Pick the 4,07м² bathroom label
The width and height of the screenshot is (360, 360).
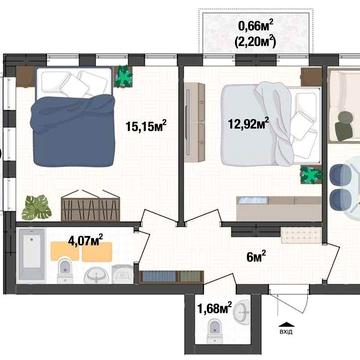coord(86,240)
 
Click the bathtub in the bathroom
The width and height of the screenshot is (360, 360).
coord(32,255)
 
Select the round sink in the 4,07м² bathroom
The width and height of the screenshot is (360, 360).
coord(97,271)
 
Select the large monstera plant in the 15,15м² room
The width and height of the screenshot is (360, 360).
coord(37,206)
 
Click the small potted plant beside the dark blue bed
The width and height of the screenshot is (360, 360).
coord(124,77)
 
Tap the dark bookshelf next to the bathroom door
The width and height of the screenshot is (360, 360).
coord(160,275)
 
